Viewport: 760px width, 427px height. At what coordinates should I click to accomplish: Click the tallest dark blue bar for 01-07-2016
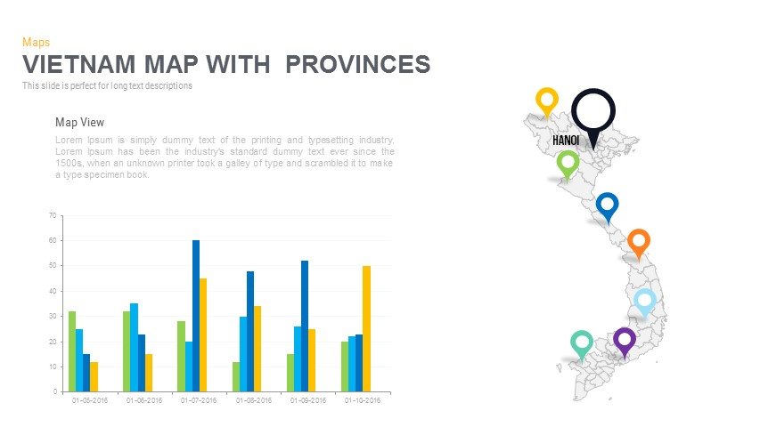pos(196,316)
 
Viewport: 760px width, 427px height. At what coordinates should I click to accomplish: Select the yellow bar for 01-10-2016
pos(366,328)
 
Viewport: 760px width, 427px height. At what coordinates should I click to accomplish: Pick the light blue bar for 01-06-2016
pos(134,347)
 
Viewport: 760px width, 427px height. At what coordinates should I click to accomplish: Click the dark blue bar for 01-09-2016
pos(305,326)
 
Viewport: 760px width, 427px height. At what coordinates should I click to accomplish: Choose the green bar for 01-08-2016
pos(236,376)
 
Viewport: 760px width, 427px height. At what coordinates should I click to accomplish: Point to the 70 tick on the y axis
pos(53,215)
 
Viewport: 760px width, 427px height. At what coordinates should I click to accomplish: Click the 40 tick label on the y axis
pos(53,291)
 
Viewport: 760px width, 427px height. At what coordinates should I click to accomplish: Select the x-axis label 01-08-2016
pos(253,401)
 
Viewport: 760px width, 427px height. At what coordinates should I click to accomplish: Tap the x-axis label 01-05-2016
pos(89,401)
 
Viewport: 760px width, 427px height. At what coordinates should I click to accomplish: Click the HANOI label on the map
pos(566,141)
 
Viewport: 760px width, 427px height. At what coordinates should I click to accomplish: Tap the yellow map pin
pos(546,100)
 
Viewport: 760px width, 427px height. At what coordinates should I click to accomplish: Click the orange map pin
pos(638,241)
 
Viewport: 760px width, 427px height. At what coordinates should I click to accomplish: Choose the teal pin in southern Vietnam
pos(582,342)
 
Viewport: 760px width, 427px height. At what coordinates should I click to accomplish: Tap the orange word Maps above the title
pos(36,42)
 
